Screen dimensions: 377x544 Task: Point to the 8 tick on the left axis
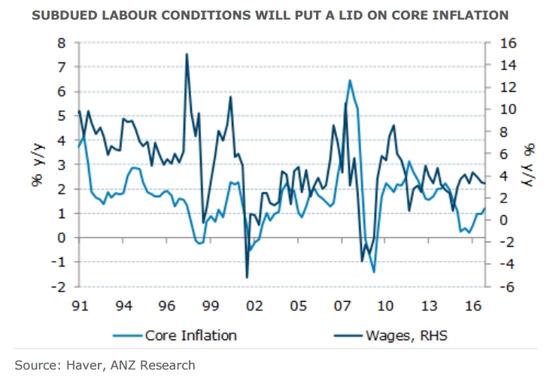62,43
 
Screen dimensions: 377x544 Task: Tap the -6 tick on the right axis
502,287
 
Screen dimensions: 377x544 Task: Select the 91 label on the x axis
81,307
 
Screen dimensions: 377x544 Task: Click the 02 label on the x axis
254,307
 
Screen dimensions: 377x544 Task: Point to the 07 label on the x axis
342,307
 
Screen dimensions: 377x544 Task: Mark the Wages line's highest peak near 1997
187,54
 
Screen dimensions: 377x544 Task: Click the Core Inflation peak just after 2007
350,80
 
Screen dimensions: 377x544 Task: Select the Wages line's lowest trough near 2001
247,278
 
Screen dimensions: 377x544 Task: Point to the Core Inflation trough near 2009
374,272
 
